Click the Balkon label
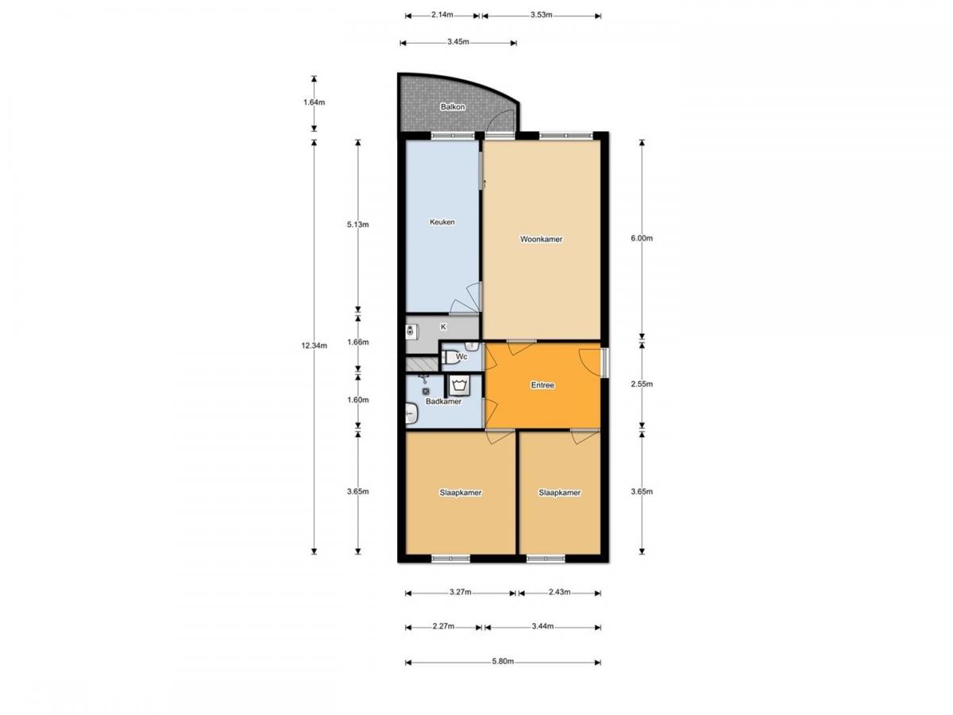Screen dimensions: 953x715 click(453, 106)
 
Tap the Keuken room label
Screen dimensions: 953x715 click(442, 222)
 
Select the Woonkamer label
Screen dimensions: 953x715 click(541, 239)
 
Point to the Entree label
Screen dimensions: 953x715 click(542, 385)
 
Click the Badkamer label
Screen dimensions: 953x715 click(443, 401)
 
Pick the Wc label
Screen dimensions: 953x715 click(461, 357)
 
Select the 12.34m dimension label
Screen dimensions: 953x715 click(314, 346)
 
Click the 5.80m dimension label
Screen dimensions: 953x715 click(503, 662)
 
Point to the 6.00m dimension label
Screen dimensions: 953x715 click(642, 238)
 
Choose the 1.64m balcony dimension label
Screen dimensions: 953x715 click(314, 102)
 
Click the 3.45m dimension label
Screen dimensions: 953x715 click(458, 42)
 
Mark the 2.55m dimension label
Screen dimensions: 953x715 click(642, 385)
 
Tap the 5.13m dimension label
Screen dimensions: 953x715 click(357, 225)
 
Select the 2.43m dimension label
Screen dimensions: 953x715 click(559, 592)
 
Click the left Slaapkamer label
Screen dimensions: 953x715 click(460, 493)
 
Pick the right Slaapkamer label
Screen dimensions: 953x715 click(559, 493)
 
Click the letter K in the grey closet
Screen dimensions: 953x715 click(443, 327)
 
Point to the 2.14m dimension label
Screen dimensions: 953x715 click(442, 15)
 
